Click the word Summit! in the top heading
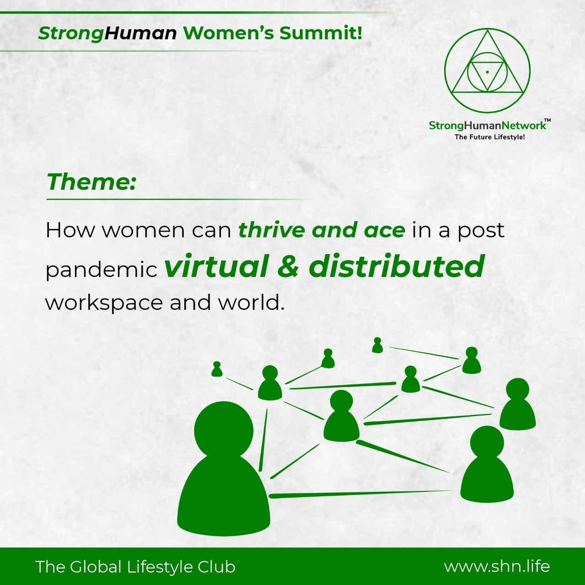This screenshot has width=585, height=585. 320,33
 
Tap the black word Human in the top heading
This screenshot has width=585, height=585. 140,33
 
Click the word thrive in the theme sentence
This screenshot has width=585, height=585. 272,230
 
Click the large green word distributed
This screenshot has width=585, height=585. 396,266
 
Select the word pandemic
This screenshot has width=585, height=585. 101,270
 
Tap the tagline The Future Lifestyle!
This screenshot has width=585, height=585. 489,137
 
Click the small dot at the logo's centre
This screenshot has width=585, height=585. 487,72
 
